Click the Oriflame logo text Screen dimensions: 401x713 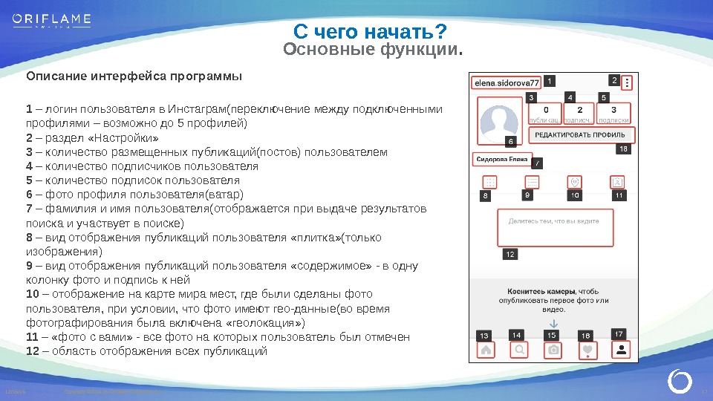51,19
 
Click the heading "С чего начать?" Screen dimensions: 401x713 369,32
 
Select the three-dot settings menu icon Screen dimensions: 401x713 628,83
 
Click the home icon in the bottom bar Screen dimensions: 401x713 486,349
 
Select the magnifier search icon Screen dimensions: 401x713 519,349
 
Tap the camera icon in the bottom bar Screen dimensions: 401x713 553,350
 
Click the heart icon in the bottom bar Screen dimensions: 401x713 587,349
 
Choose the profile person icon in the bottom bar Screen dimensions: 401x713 620,348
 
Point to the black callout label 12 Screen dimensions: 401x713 509,254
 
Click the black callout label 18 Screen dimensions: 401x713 623,149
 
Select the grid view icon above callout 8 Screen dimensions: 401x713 489,181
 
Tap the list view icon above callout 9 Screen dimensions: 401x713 532,181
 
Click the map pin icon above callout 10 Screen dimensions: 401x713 574,181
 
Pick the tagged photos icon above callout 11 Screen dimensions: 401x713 617,181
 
